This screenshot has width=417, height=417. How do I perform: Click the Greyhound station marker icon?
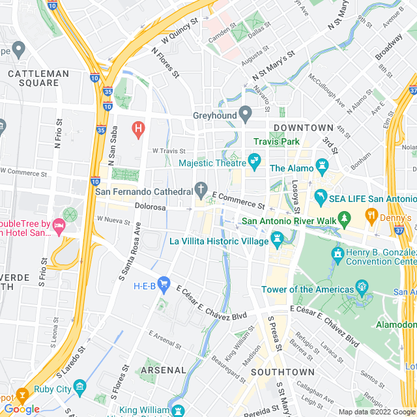[x=246, y=115]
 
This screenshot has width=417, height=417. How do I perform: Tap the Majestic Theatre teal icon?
[x=254, y=159]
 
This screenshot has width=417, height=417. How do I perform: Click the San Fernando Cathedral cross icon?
[x=202, y=190]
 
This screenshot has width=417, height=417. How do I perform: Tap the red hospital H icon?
[x=137, y=128]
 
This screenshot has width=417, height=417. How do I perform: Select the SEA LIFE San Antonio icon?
[x=321, y=195]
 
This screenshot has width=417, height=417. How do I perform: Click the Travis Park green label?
[x=276, y=141]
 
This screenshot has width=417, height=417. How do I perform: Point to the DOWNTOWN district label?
[x=303, y=127]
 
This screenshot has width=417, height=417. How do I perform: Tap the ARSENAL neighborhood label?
[x=164, y=369]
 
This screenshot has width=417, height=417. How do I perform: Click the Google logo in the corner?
[x=22, y=409]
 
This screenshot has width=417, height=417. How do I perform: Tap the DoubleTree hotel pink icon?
[x=59, y=227]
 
